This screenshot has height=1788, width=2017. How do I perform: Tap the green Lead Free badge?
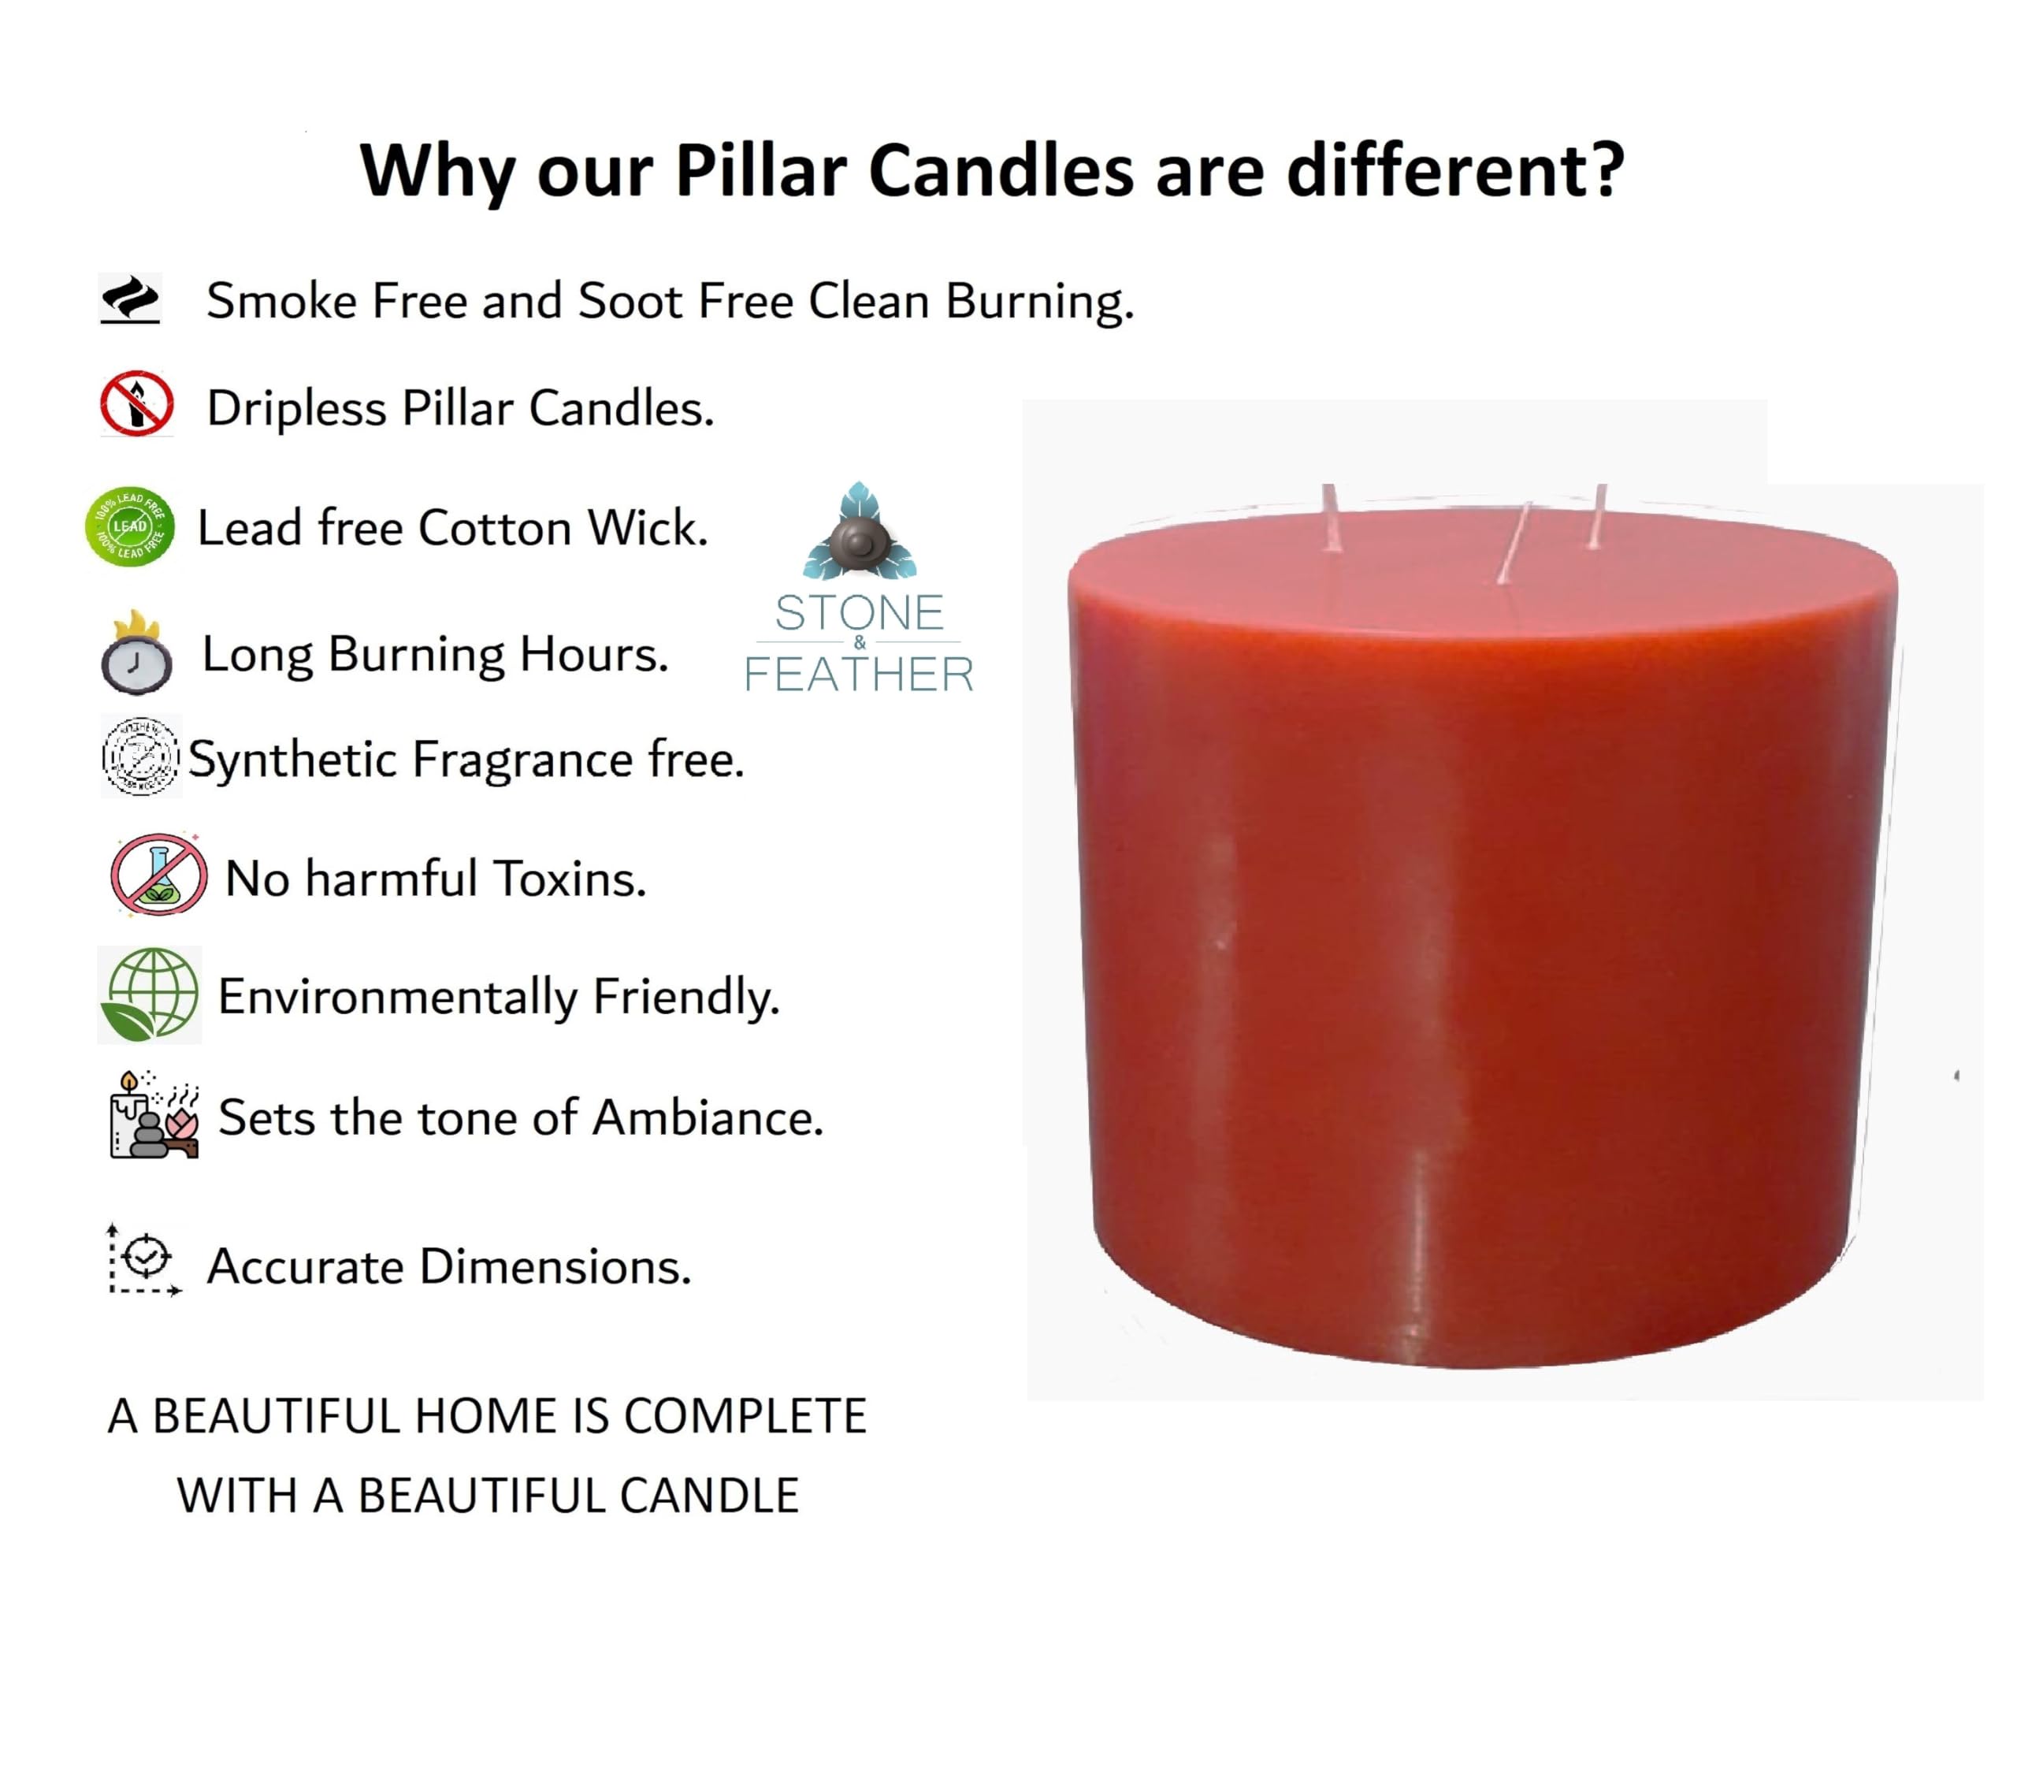click(x=130, y=527)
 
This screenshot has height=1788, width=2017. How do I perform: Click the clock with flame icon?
click(x=137, y=653)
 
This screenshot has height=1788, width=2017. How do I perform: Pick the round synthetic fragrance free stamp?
click(x=140, y=756)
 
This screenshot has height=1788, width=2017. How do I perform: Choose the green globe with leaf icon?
click(x=150, y=994)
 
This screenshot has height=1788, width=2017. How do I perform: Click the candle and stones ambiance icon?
click(x=154, y=1115)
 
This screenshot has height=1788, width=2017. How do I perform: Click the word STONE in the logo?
click(x=859, y=613)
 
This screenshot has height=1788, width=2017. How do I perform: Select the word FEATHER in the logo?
click(x=859, y=675)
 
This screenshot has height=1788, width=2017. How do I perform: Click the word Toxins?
click(x=570, y=878)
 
